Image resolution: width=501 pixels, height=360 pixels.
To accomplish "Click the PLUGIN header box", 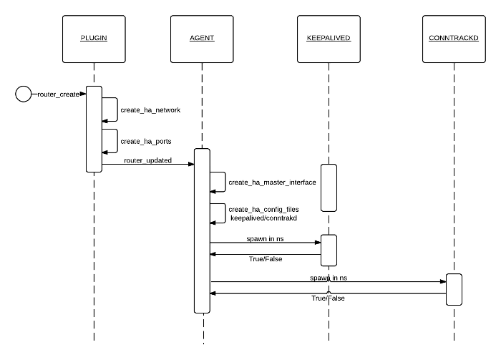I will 94,37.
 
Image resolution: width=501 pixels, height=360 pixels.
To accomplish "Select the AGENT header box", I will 202,37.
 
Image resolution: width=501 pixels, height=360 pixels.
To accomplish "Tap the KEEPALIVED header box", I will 328,37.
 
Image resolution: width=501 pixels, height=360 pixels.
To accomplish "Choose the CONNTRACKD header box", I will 453,37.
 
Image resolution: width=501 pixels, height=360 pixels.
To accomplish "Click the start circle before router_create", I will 24,93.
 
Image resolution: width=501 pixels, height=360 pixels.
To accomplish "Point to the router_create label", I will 59,94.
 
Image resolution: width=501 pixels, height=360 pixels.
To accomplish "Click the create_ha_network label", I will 150,110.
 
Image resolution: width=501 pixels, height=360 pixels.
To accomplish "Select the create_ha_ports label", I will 146,142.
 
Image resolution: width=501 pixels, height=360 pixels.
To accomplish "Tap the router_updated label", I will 147,160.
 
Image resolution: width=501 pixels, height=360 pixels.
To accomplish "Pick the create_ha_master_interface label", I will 272,183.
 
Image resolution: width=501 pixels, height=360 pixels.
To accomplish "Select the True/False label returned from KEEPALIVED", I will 265,259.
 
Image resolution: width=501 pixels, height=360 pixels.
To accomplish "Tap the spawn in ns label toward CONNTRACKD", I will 328,277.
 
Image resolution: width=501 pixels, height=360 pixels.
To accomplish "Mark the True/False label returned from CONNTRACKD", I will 328,298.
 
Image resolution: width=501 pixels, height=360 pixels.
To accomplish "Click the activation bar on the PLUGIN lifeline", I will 94,129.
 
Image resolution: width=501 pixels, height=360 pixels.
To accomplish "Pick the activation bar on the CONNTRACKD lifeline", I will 453,289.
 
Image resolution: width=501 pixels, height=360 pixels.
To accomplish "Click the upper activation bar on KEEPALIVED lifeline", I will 328,188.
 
